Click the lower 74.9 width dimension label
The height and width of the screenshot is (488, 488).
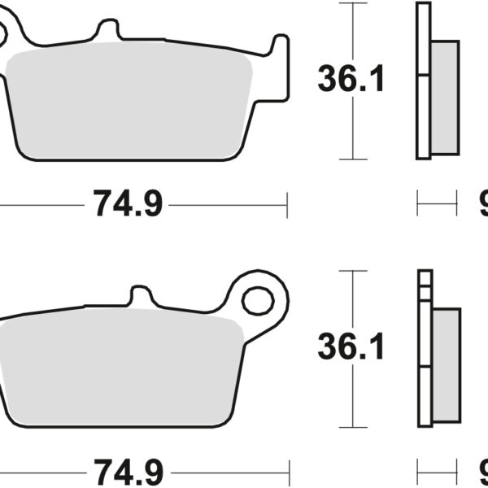pos(128,471)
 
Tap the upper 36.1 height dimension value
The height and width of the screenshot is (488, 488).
pos(351,80)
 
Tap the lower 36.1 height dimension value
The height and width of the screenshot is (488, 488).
pos(351,348)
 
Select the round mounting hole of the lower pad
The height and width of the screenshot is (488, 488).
pos(258,300)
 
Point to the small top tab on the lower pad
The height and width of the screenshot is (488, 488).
pos(141,294)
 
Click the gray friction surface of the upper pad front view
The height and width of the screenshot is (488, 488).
pos(130,102)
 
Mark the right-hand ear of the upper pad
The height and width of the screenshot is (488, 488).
pos(279,65)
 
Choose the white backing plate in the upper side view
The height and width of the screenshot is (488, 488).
pos(422,81)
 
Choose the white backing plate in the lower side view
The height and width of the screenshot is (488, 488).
pos(425,350)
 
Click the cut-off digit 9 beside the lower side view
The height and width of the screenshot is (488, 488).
pos(482,471)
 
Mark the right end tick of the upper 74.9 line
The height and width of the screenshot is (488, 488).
pos(286,205)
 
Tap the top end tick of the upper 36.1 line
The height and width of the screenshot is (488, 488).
pos(351,3)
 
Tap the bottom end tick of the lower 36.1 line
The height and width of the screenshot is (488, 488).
pos(351,426)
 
